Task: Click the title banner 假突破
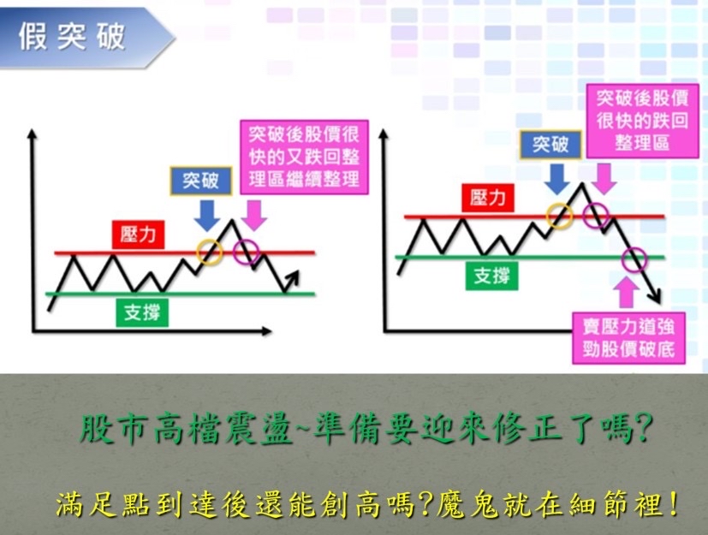pyautogui.click(x=86, y=37)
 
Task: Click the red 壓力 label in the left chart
pyautogui.click(x=138, y=235)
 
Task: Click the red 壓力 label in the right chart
pyautogui.click(x=488, y=198)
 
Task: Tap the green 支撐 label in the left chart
pyautogui.click(x=142, y=312)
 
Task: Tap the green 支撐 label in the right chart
pyautogui.click(x=491, y=276)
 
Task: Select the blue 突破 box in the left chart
pyautogui.click(x=201, y=181)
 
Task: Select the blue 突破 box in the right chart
pyautogui.click(x=550, y=145)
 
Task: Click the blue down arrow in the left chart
pyautogui.click(x=207, y=216)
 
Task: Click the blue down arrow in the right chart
pyautogui.click(x=556, y=179)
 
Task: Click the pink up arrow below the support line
pyautogui.click(x=627, y=293)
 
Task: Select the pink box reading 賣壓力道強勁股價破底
pyautogui.click(x=628, y=338)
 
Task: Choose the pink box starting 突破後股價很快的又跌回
pyautogui.click(x=304, y=158)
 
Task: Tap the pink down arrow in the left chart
pyautogui.click(x=253, y=216)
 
